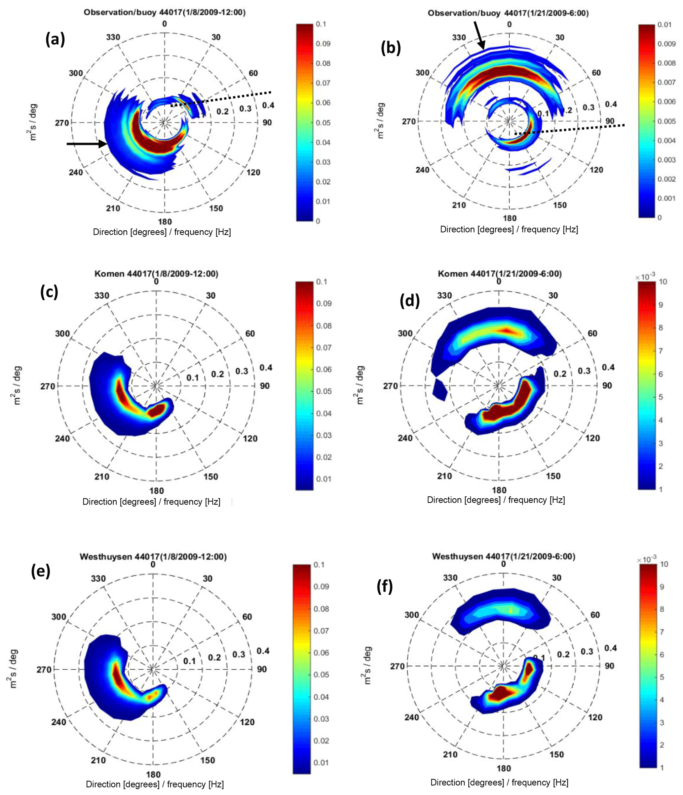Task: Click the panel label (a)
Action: (55, 39)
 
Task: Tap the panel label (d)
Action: (409, 301)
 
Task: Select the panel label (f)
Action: (385, 587)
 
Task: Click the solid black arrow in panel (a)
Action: (87, 144)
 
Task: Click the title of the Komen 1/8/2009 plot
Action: (156, 274)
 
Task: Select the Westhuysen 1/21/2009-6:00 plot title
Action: (504, 556)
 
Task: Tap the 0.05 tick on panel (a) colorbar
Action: (323, 123)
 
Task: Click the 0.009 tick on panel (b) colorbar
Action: (666, 44)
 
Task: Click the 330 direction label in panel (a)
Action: (113, 37)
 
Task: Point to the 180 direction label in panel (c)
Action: (156, 491)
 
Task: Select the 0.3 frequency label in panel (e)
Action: (239, 654)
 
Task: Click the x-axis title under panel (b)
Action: (509, 229)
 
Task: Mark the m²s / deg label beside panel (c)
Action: (17, 385)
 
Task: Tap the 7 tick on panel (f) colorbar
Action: (662, 632)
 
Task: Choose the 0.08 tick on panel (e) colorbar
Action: (321, 609)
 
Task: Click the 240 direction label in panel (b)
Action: (422, 170)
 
